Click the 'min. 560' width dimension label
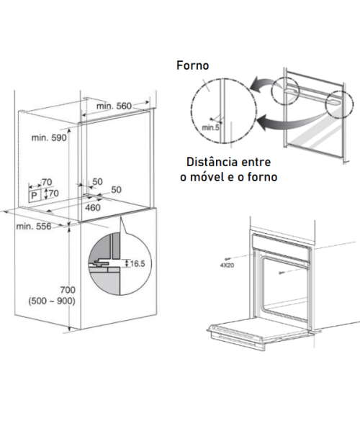tap(114, 106)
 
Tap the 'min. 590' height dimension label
tap(49, 137)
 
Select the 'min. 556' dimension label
tap(34, 227)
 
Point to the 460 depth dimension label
tap(93, 208)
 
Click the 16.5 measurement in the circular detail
tap(138, 264)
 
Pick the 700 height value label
tap(68, 290)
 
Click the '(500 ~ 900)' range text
tap(52, 301)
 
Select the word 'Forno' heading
tap(193, 65)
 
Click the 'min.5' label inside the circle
tap(210, 128)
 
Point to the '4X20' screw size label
tap(227, 265)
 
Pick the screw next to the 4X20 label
tap(228, 258)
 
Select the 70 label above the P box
tap(47, 182)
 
